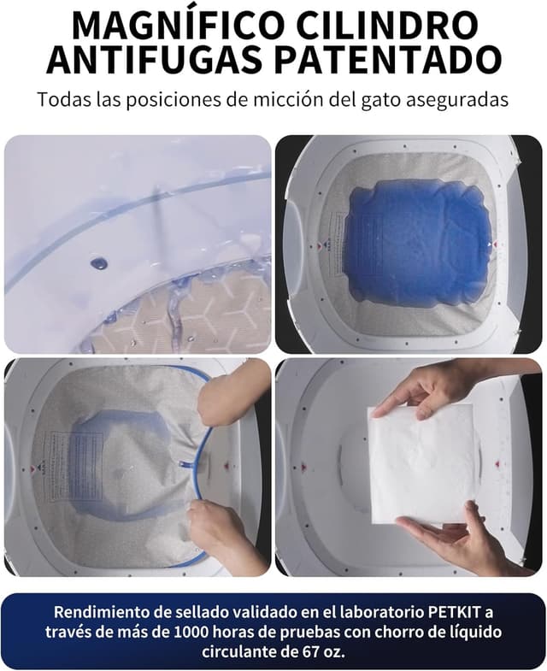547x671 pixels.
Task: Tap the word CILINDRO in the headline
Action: pyautogui.click(x=391, y=26)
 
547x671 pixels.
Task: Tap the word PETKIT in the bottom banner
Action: pyautogui.click(x=454, y=612)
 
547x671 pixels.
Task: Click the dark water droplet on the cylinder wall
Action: pyautogui.click(x=99, y=263)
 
